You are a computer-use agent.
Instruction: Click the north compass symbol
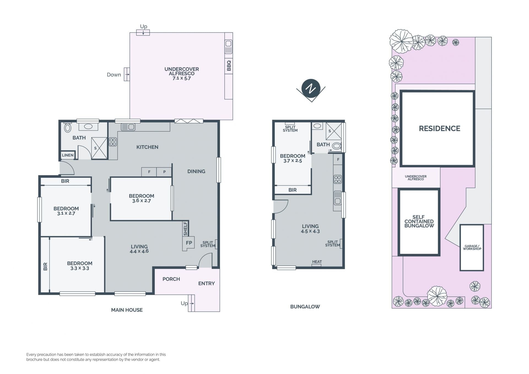click(311, 89)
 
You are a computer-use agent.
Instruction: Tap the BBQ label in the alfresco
click(229, 66)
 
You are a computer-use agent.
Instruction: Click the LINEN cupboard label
click(68, 155)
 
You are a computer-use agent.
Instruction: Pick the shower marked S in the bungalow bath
click(334, 131)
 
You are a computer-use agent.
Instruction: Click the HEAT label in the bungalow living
click(317, 262)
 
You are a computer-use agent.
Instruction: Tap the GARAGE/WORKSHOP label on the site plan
click(472, 247)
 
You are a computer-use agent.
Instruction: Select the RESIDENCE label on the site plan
click(439, 128)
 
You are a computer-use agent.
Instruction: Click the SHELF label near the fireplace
click(185, 229)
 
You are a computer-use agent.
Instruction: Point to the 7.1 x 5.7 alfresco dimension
click(182, 78)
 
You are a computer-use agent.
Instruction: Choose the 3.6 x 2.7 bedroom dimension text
click(141, 201)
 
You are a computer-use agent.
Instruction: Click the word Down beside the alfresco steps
click(114, 75)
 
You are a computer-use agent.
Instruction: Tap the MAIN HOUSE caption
click(127, 310)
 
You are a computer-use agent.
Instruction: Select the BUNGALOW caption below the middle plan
click(305, 306)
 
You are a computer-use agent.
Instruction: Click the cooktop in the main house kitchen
click(113, 142)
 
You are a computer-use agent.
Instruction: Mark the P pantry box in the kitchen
click(164, 172)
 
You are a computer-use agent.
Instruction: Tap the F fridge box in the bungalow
click(338, 159)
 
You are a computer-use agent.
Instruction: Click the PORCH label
click(171, 279)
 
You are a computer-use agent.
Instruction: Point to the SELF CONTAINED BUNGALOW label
click(419, 221)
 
